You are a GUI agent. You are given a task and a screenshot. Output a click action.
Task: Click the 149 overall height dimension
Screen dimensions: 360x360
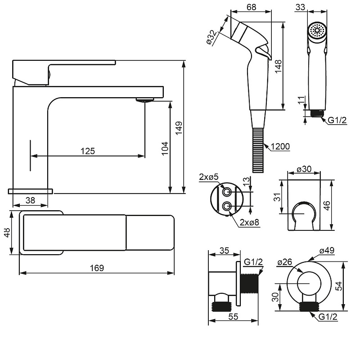[179, 128]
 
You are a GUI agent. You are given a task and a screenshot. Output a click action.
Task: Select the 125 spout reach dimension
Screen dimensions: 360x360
[88, 151]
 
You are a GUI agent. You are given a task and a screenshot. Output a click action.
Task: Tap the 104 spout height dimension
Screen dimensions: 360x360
[165, 148]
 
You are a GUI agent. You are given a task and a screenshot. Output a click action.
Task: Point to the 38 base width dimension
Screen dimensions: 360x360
[30, 200]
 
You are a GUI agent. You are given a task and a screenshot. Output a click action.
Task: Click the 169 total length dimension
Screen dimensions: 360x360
[97, 268]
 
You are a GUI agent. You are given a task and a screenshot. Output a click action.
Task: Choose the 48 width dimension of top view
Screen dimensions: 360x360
[7, 232]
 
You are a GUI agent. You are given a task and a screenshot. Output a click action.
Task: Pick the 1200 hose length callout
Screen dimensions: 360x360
[280, 147]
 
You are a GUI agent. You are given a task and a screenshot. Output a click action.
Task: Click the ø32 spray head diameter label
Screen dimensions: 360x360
[211, 37]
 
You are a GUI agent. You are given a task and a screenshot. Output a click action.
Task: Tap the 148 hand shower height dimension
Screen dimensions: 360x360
[278, 66]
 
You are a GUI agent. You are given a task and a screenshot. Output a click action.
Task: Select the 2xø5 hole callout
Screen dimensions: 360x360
[209, 177]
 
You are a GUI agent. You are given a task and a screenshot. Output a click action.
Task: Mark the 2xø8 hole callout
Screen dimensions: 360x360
[249, 222]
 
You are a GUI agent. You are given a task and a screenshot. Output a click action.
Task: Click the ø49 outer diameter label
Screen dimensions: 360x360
[327, 250]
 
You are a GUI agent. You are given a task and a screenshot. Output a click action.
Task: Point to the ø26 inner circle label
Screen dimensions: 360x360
[285, 262]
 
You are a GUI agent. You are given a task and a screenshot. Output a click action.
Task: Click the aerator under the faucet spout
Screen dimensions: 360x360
[144, 100]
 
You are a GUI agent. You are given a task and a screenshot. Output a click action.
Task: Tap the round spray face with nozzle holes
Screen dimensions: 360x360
[317, 30]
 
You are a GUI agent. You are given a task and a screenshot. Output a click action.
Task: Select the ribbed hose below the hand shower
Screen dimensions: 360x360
[258, 150]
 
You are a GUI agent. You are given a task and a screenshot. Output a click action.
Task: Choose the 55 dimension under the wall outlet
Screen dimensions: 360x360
[233, 317]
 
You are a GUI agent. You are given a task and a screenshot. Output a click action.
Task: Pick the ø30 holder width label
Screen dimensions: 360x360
[304, 169]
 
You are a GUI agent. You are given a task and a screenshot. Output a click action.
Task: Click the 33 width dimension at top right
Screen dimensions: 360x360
[300, 7]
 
